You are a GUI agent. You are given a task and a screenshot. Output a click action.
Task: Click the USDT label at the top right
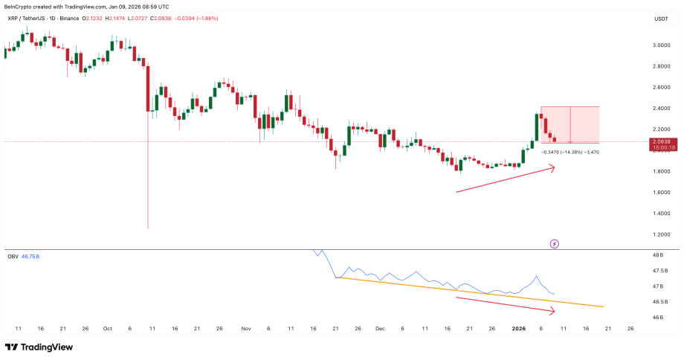[661, 19]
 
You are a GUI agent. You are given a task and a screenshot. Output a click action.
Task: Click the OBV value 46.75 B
[31, 257]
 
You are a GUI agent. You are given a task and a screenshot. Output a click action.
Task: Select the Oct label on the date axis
[108, 328]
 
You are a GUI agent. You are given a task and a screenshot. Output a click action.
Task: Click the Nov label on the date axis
[245, 328]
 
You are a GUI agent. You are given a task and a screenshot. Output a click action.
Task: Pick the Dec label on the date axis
[380, 328]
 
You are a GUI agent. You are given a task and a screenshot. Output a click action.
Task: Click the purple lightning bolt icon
[554, 243]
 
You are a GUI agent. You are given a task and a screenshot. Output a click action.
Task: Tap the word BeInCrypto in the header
[22, 6]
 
